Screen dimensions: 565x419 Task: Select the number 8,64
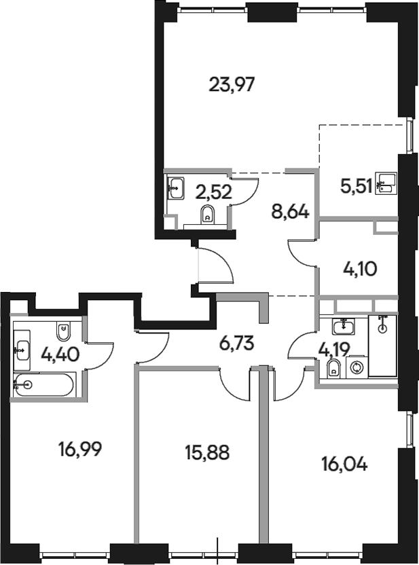click(290, 212)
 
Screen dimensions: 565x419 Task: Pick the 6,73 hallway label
click(236, 342)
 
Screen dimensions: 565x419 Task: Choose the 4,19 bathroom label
click(333, 350)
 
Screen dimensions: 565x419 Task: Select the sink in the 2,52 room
click(175, 187)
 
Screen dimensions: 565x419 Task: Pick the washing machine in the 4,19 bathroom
click(356, 367)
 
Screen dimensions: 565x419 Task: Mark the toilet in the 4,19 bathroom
click(333, 369)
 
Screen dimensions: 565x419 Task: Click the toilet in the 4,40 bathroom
click(64, 331)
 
